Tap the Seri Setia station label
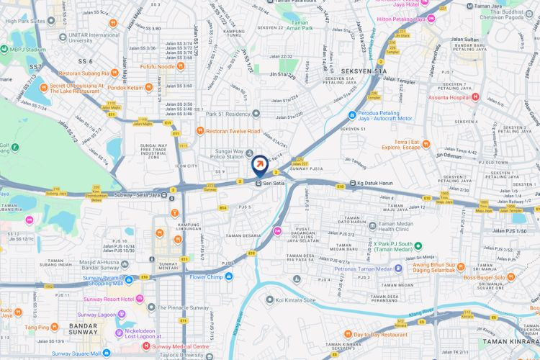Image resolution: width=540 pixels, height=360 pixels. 275,183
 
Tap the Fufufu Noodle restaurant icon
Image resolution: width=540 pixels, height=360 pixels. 179,66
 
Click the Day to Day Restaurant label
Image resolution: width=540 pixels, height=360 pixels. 380,334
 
